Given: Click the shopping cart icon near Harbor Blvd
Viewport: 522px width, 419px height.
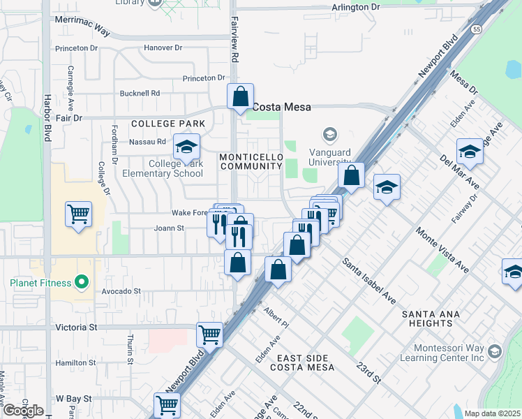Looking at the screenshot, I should pos(78,214).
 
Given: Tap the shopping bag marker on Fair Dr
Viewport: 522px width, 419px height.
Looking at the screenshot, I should pos(240,96).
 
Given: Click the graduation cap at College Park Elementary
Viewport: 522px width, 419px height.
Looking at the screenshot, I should pos(186,147).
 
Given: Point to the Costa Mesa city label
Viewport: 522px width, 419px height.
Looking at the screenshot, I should pos(281,107).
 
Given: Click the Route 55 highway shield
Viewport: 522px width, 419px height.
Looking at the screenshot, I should pos(475,30).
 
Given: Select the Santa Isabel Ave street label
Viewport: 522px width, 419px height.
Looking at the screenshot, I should pos(368,281).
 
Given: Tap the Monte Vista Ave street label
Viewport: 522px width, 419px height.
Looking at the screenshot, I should pos(440,249).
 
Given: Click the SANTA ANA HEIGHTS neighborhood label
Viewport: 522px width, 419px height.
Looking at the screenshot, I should pos(431,318).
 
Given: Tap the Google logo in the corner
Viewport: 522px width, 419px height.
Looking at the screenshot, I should pos(23,411).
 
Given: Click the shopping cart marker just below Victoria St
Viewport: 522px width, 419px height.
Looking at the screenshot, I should pos(209,335).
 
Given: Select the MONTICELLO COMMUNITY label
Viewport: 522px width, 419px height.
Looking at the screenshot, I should pos(251,161).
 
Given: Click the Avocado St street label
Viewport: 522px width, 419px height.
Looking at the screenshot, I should pos(121,291).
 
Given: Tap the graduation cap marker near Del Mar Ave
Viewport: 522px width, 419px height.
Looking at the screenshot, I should pos(470,152).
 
